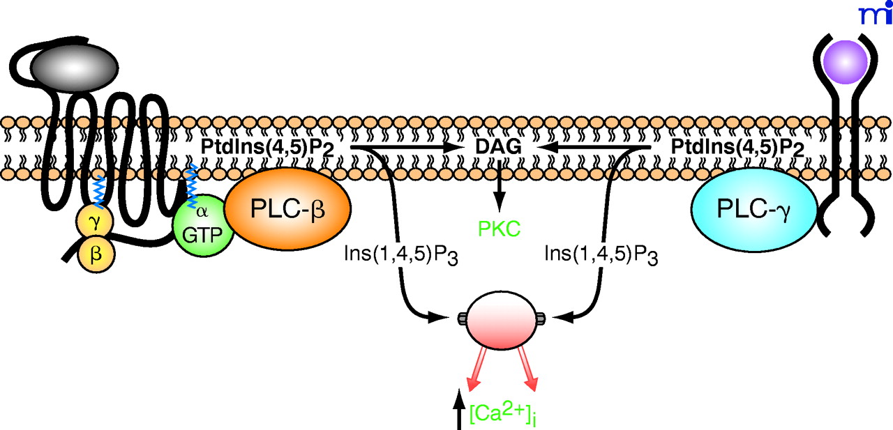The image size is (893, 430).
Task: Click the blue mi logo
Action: (873, 13)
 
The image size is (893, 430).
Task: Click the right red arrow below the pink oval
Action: (528, 369)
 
